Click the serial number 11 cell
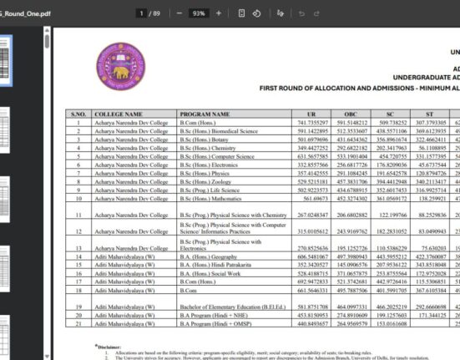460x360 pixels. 78,215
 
